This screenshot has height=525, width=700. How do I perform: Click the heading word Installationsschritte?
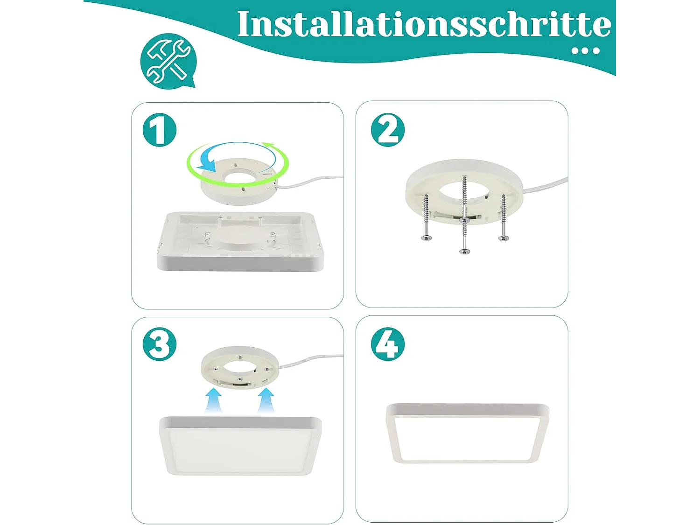tap(423, 24)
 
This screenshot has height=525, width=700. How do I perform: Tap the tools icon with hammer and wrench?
tap(168, 61)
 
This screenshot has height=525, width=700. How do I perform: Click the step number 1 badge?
tap(160, 130)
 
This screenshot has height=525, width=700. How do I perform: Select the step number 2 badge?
tap(388, 130)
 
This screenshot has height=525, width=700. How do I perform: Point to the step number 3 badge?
tap(160, 344)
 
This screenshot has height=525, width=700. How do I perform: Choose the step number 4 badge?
tap(388, 344)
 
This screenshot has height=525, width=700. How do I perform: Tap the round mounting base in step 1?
tap(239, 184)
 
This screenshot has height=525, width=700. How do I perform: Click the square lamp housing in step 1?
tap(240, 243)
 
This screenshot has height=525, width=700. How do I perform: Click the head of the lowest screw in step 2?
tap(464, 252)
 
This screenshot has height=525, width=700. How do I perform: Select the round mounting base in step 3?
tap(240, 366)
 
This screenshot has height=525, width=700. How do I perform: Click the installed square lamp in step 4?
tap(467, 434)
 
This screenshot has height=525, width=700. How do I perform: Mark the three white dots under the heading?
tap(586, 51)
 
